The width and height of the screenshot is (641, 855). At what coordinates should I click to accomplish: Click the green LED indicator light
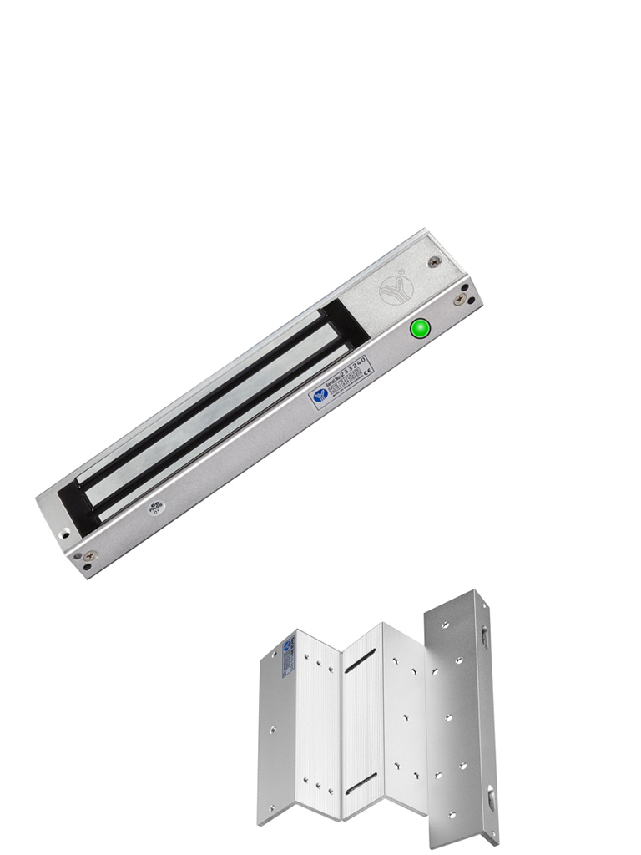click(x=421, y=328)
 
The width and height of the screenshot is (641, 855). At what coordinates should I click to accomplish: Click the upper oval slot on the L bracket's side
click(x=484, y=636)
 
